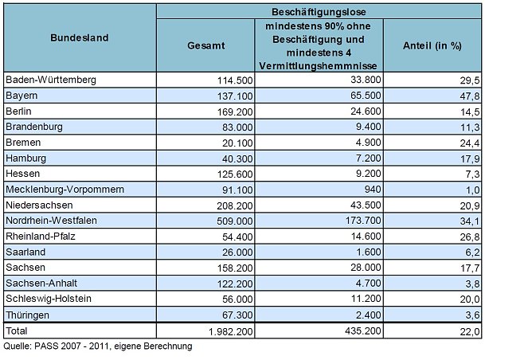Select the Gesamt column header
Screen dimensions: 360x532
pyautogui.click(x=206, y=46)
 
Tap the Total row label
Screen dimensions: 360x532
pyautogui.click(x=18, y=330)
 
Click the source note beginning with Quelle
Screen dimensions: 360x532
pyautogui.click(x=98, y=346)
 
